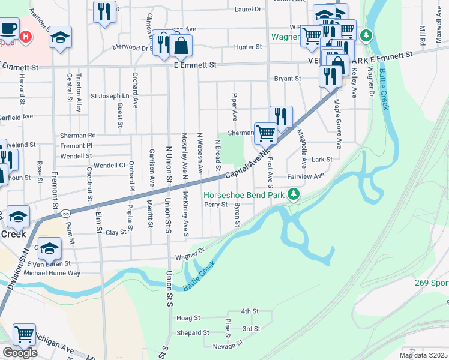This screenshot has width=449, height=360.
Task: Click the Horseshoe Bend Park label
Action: (x=244, y=195)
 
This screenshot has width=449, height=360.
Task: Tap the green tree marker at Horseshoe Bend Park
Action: (x=294, y=194)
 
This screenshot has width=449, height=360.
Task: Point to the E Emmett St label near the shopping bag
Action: (x=194, y=64)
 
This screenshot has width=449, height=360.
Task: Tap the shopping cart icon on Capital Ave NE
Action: (x=265, y=133)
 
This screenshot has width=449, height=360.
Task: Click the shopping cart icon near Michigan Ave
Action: (x=24, y=334)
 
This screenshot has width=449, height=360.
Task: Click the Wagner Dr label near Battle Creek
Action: (x=190, y=256)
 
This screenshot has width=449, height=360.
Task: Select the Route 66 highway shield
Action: (x=65, y=213)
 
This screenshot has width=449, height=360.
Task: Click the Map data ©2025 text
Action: (x=424, y=355)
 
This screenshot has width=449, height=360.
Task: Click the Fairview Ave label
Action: (x=306, y=176)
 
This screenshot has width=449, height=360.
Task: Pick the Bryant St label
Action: (x=287, y=79)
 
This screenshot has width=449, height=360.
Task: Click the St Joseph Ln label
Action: (x=110, y=96)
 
